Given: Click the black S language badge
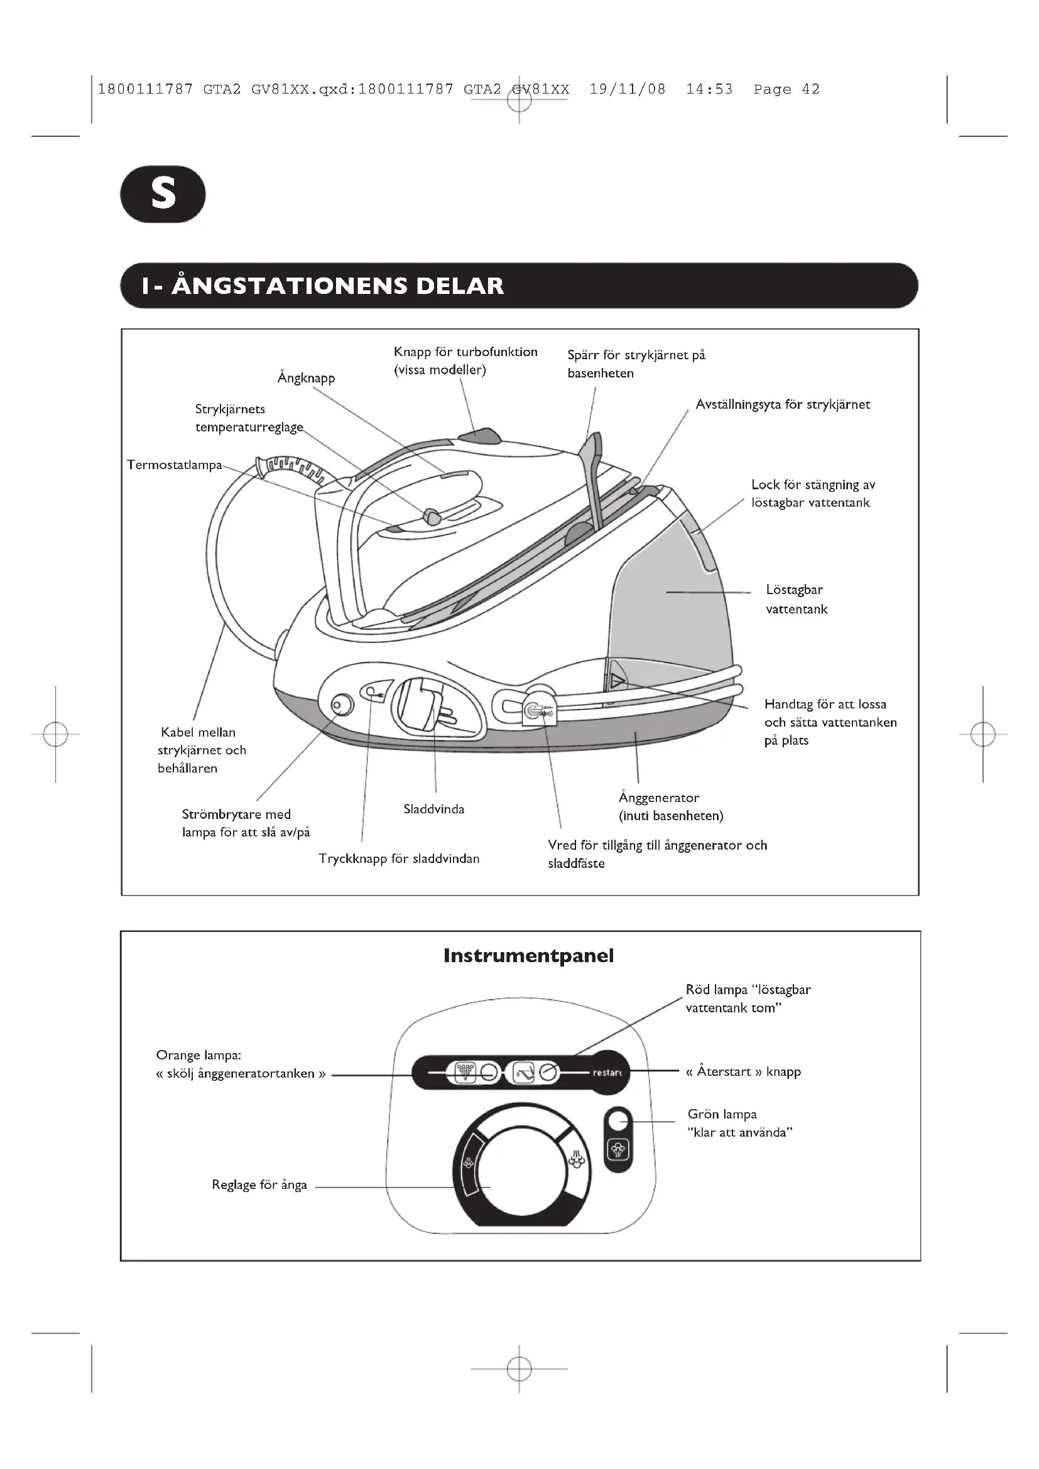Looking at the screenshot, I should (x=163, y=194).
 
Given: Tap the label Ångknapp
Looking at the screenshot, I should (x=306, y=378).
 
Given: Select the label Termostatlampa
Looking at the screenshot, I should (x=174, y=465).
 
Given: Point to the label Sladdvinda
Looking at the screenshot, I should (x=434, y=810).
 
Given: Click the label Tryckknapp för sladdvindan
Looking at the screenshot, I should (x=399, y=859).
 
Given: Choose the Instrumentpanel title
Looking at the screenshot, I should (x=528, y=956).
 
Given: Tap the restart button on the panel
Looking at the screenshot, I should (x=607, y=1073).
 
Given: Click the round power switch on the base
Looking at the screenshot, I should (x=342, y=706).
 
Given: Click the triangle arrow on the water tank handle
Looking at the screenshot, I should (x=617, y=681).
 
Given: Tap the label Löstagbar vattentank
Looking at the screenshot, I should (x=796, y=599).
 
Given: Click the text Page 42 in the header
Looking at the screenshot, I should (x=786, y=90).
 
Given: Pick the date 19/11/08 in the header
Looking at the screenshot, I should (x=627, y=90).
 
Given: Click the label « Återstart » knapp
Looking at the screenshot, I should (x=743, y=1071).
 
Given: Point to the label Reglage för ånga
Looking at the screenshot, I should (x=259, y=1185).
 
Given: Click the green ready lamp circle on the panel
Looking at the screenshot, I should (x=617, y=1121).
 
